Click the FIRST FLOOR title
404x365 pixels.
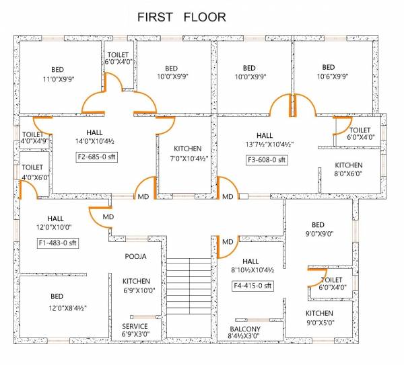point(182,16)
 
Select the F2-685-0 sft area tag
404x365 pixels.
point(99,158)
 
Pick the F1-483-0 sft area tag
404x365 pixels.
point(58,243)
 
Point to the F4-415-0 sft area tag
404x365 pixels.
point(253,286)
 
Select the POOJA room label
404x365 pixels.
point(135,257)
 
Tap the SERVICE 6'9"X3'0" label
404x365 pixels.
point(135,330)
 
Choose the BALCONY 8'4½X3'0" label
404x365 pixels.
point(245,332)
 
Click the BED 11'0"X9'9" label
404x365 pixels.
point(57,73)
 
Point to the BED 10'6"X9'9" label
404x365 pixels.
point(328,72)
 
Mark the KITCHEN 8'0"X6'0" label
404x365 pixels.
point(349,169)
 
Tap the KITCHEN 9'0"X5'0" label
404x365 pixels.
point(319,318)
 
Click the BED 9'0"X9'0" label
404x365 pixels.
point(318,229)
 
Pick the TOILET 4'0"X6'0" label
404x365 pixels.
point(32,172)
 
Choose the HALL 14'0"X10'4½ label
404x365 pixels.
point(95,137)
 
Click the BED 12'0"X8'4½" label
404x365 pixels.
point(57,302)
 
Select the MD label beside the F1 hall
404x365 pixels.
point(108,218)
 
